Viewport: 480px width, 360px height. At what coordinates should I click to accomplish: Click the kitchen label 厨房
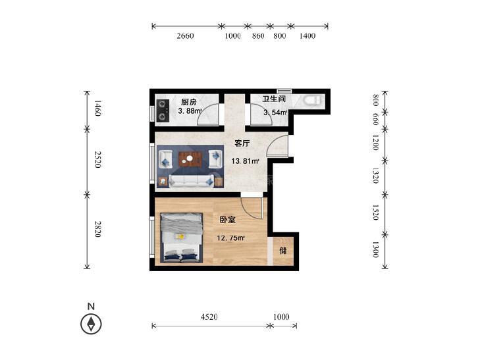point(188,102)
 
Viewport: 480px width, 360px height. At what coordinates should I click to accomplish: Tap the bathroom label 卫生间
point(274,99)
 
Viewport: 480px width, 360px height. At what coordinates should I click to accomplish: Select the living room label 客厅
point(242,143)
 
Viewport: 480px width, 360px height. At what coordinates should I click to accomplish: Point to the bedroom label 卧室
point(227,219)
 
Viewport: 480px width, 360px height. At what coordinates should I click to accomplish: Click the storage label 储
point(283,251)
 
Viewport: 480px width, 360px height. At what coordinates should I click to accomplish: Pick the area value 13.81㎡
point(245,161)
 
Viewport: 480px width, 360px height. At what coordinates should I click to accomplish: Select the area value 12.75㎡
point(230,238)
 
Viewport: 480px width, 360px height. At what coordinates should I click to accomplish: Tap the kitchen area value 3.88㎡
point(190,111)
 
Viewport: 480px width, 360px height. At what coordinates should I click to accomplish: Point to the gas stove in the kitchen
point(163,110)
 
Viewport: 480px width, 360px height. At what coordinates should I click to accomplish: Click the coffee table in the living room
point(190,159)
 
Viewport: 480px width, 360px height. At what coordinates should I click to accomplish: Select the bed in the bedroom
point(182,238)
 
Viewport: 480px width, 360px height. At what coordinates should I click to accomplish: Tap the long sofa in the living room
point(190,181)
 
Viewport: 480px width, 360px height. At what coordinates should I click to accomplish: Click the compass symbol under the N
point(91,324)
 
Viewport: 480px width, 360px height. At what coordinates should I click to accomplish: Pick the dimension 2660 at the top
point(185,36)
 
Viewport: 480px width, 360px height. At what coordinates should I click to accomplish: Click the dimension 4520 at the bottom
point(209,317)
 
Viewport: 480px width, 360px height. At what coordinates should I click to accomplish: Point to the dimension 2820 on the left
point(97,229)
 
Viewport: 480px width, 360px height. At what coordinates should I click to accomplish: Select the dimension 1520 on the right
point(375,213)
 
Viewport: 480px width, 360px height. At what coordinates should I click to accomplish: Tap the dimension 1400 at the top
point(307,36)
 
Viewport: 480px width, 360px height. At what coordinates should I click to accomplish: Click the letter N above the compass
point(91,306)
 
